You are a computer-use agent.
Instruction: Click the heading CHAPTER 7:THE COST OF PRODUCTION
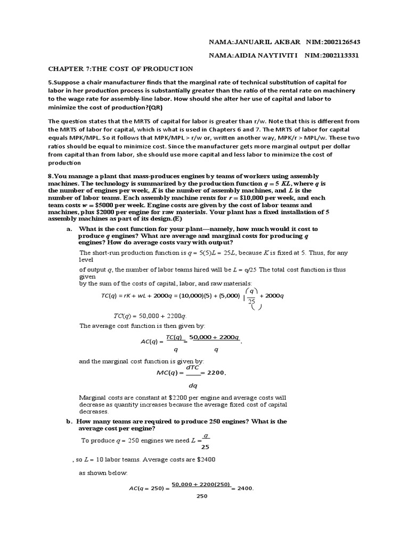coord(121,69)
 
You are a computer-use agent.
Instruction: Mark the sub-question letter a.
coord(69,228)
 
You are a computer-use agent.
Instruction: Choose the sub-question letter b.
coord(69,421)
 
